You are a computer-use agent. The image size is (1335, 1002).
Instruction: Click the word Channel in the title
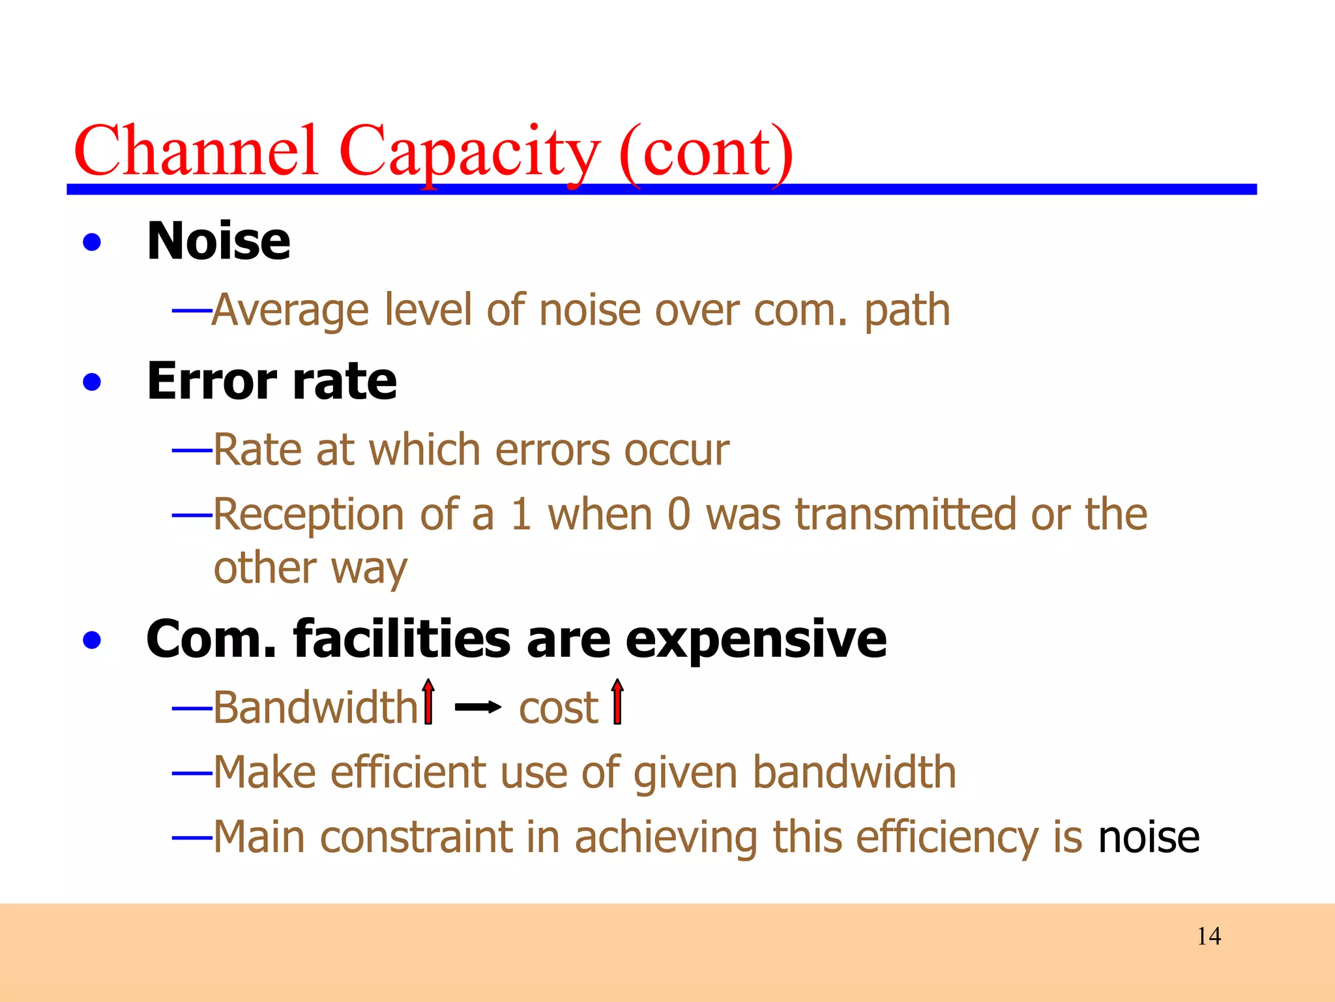coord(196,151)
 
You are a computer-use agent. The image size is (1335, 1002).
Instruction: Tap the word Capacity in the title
coord(468,151)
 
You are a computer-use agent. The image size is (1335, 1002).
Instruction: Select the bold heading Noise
coord(218,241)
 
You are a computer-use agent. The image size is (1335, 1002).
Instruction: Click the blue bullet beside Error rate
coord(93,382)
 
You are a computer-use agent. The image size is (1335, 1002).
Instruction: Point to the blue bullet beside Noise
coord(93,243)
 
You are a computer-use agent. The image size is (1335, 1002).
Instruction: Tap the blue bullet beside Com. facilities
coord(93,640)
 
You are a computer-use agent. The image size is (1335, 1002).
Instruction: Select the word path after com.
coord(907,311)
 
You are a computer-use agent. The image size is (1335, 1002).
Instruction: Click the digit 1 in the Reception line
coord(521,515)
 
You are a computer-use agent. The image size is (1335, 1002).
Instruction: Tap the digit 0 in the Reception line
coord(679,515)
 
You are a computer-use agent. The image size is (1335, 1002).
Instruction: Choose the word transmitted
coord(905,515)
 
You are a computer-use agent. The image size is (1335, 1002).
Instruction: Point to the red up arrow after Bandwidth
coord(428,702)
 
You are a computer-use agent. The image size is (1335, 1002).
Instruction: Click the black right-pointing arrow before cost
coord(478,707)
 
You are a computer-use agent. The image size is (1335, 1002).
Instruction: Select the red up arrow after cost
coord(617,702)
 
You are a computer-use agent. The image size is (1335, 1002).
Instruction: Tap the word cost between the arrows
coord(558,708)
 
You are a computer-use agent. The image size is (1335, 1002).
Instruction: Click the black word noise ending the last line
coord(1149,838)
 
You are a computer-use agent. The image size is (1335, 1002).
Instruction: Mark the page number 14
coord(1209,937)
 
